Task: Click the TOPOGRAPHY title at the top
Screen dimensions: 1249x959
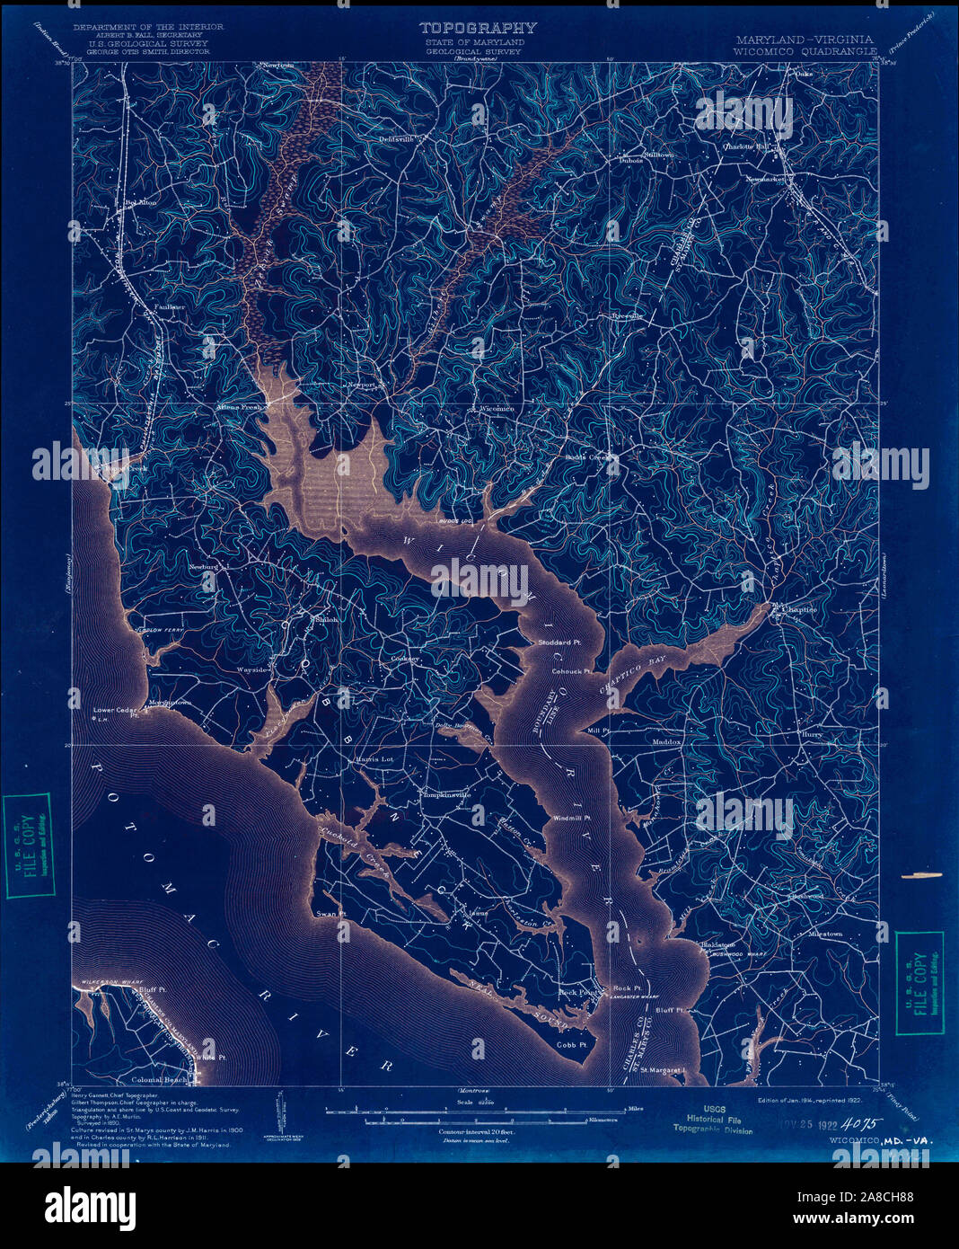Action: coord(479,29)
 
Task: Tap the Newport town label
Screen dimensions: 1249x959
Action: coord(361,385)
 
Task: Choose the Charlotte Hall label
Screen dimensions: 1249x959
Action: coord(748,146)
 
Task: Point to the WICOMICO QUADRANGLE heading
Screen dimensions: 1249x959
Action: coord(805,52)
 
